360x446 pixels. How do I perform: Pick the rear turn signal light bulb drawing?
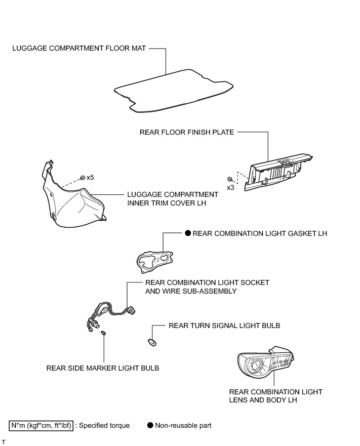[x=152, y=342]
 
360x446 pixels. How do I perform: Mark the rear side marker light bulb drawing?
[x=103, y=333]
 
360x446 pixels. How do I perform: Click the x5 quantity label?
[x=90, y=178]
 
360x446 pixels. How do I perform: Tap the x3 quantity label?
[x=230, y=187]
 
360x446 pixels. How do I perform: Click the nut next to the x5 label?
[x=82, y=177]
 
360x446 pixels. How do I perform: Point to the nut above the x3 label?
[x=230, y=179]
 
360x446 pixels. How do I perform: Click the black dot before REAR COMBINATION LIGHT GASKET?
[x=187, y=233]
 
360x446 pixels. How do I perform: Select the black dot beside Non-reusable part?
[x=150, y=425]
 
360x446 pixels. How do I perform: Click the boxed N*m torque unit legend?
[x=41, y=425]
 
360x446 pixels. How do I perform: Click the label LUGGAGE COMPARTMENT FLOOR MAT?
[x=78, y=49]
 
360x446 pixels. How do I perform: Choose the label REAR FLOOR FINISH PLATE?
[x=187, y=132]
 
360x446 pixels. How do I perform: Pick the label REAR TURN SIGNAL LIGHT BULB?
[x=224, y=326]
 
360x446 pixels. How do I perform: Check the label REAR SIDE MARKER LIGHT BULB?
[x=103, y=368]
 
